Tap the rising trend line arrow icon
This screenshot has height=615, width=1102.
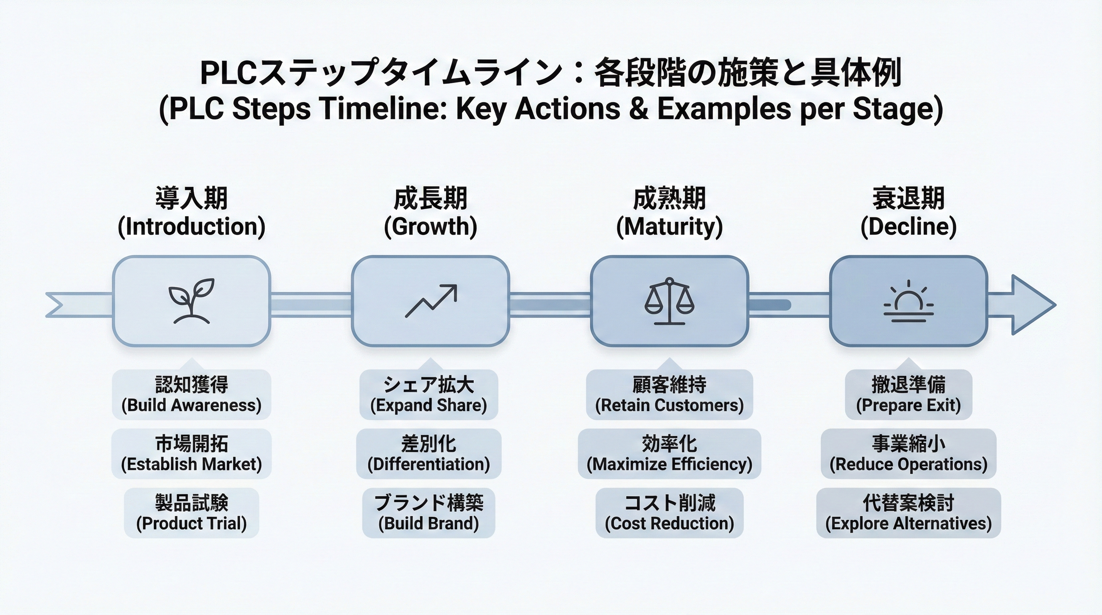pos(431,301)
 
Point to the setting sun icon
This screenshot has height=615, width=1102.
pos(909,302)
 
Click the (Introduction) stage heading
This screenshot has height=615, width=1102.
pos(191,227)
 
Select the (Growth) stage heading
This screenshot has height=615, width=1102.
pos(430,227)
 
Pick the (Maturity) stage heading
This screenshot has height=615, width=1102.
pos(670,227)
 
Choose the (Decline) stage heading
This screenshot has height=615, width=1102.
pos(909,227)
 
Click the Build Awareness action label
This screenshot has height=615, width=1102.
pos(191,395)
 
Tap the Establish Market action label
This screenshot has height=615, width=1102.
pos(191,454)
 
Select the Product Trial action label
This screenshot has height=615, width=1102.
pos(191,513)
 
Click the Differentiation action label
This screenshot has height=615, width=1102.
pos(428,454)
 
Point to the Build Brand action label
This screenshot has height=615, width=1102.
pos(428,513)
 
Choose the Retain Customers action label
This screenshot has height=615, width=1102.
pos(670,395)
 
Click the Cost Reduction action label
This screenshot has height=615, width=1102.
pos(670,513)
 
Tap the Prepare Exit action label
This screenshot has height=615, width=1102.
pos(909,395)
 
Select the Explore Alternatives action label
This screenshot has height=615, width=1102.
pos(909,513)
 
